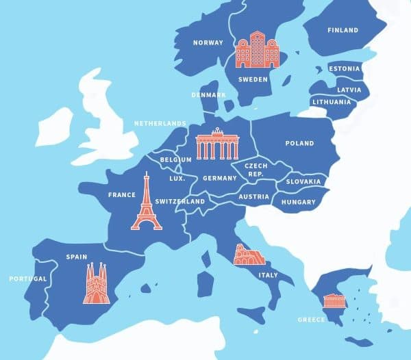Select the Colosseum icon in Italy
[247, 255]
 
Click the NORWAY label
[208, 42]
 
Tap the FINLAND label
[342, 30]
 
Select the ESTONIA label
[345, 68]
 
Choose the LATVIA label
[349, 90]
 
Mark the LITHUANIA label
[332, 102]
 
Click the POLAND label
[299, 144]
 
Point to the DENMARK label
[209, 95]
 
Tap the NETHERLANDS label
[160, 123]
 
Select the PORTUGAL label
[28, 279]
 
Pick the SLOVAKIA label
[303, 181]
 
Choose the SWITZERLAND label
[180, 202]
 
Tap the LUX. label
[177, 178]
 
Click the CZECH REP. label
[256, 170]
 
